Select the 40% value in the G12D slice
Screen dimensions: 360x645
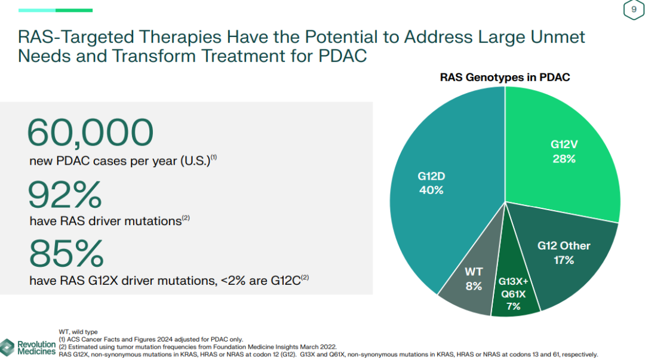tap(431, 190)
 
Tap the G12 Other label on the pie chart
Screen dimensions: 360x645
tap(563, 245)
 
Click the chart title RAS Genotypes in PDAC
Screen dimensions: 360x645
tap(505, 77)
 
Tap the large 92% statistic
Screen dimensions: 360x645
tap(65, 195)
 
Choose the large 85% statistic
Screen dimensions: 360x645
tap(66, 253)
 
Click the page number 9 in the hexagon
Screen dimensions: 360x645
tap(634, 10)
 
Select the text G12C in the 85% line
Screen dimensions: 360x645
tap(285, 279)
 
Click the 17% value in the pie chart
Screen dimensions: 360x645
tap(563, 260)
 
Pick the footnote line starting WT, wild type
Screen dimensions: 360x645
tap(78, 332)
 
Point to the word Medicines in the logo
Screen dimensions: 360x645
tap(36, 352)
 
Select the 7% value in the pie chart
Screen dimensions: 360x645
tap(513, 306)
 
